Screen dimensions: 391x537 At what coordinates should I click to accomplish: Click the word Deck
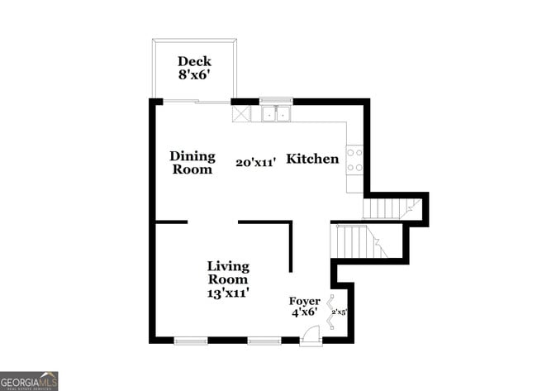tap(195, 61)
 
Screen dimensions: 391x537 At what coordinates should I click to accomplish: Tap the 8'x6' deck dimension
tap(195, 75)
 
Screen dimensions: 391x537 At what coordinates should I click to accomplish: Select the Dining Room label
tap(192, 162)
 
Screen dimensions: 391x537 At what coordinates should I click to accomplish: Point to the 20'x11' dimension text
tap(254, 163)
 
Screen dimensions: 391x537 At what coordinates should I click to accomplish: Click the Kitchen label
tap(312, 159)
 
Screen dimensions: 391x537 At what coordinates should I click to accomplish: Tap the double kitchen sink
tap(276, 114)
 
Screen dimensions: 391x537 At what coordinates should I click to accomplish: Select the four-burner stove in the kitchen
tap(354, 160)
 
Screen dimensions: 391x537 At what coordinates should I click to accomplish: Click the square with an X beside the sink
tap(242, 114)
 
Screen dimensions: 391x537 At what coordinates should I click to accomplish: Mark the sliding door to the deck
tap(194, 101)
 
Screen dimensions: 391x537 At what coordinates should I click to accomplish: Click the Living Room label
tap(228, 273)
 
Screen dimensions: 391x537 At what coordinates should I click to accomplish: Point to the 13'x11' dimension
tap(228, 293)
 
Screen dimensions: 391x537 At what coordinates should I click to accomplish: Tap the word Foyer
tap(303, 301)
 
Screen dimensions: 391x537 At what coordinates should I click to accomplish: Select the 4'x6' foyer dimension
tap(303, 312)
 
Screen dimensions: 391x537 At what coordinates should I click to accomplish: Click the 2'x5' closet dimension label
tap(339, 312)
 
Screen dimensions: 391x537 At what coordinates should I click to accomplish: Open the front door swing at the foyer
tap(310, 335)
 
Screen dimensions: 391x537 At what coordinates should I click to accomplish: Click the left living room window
tap(191, 340)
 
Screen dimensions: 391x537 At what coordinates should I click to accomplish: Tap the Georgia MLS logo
tap(30, 380)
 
